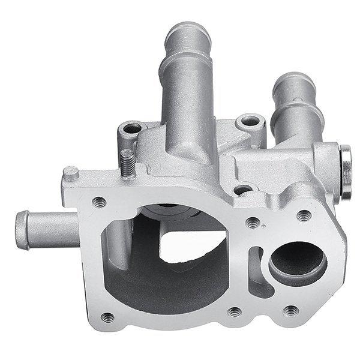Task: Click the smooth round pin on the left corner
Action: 71,173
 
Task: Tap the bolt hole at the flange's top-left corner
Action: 100,202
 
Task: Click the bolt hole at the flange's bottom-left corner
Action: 108,317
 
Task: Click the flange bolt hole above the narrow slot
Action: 253,222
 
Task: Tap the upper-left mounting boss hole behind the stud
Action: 131,128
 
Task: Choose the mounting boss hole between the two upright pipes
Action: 248,122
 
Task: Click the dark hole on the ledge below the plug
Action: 242,191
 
